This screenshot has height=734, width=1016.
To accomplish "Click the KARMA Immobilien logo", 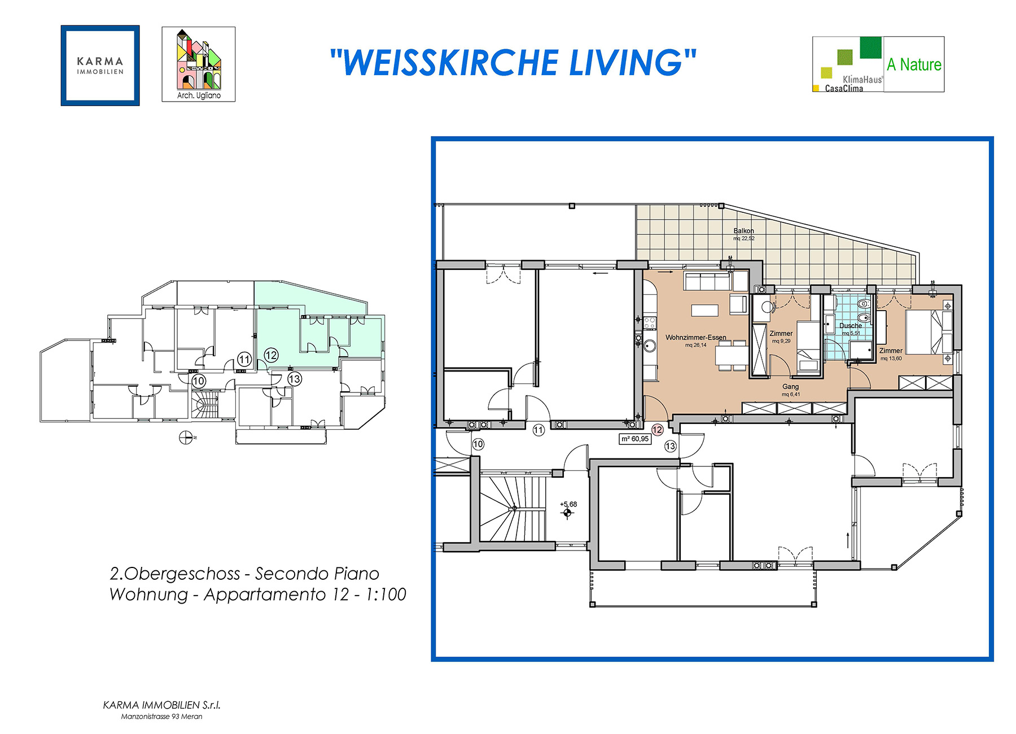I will (100, 65).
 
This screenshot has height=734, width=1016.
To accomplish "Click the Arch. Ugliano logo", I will (198, 64).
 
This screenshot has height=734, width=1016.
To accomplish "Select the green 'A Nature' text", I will (914, 65).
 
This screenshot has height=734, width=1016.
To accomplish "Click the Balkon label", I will (743, 231).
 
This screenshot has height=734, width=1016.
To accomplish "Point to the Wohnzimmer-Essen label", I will (695, 338).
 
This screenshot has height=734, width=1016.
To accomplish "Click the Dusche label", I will (850, 326).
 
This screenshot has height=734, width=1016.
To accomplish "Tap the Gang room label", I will (790, 387).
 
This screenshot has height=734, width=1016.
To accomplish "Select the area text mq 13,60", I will (891, 359).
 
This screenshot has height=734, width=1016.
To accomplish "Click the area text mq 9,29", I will (781, 341).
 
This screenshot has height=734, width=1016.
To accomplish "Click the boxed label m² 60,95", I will (635, 439).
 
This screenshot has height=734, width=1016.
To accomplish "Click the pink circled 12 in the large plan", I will (657, 430).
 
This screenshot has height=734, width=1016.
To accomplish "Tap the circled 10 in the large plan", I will (478, 444).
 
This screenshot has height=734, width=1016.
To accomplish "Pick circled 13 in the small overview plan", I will (294, 379).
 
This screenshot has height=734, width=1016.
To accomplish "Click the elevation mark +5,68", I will (568, 504).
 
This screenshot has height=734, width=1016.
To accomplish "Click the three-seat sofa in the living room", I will (707, 281).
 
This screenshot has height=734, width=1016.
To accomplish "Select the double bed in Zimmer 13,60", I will (928, 332).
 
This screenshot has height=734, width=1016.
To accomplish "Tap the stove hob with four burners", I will (650, 323).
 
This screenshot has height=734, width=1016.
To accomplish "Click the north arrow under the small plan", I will (185, 437).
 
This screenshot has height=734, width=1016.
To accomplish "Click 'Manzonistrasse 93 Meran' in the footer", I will (161, 716).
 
